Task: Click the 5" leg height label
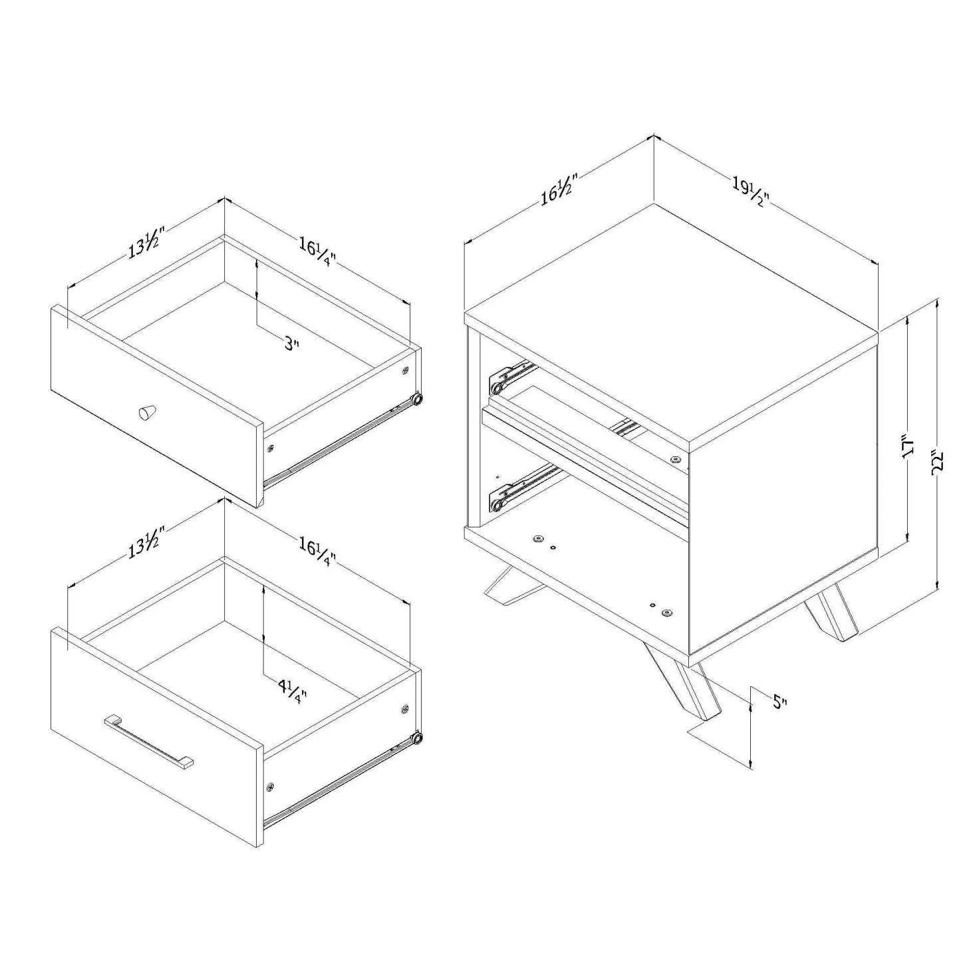tap(779, 702)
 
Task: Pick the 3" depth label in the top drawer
tap(291, 345)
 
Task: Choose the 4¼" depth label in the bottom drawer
tap(291, 691)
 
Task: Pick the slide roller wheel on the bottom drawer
tap(417, 739)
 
